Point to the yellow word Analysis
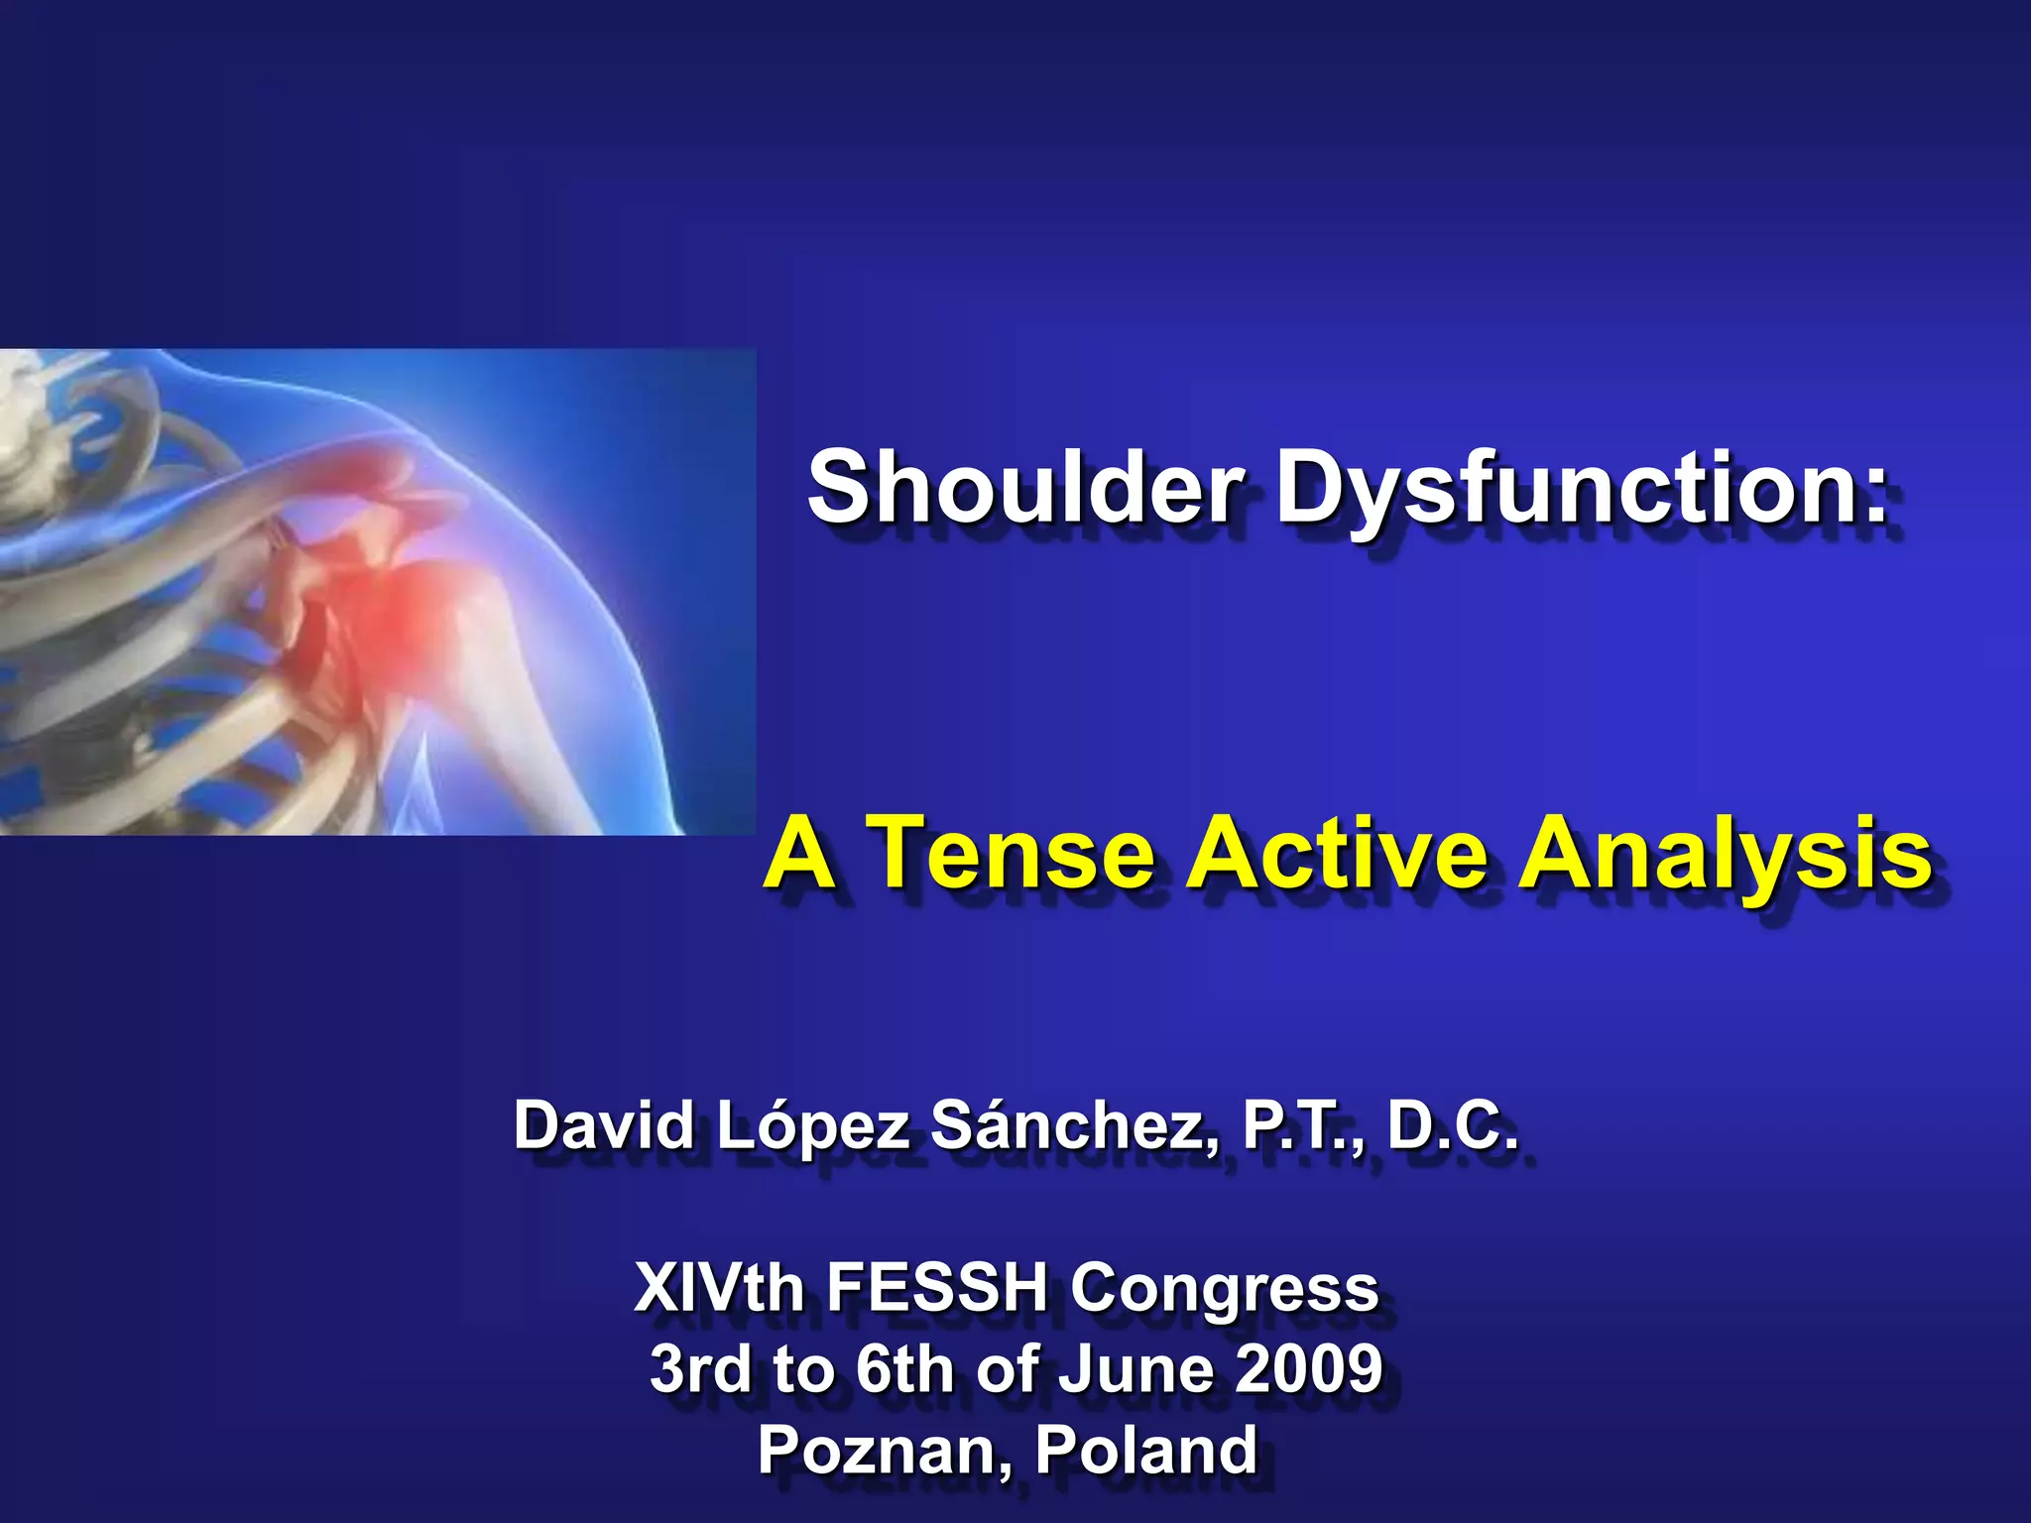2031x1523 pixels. click(x=1726, y=853)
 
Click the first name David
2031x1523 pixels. click(x=604, y=1126)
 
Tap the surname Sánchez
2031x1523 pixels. click(x=1075, y=1126)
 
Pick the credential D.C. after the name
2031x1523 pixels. click(x=1452, y=1126)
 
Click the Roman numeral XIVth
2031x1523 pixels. click(x=719, y=1288)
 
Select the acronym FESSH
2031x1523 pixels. click(x=937, y=1288)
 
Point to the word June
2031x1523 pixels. click(x=1131, y=1368)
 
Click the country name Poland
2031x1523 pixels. click(x=1146, y=1450)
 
